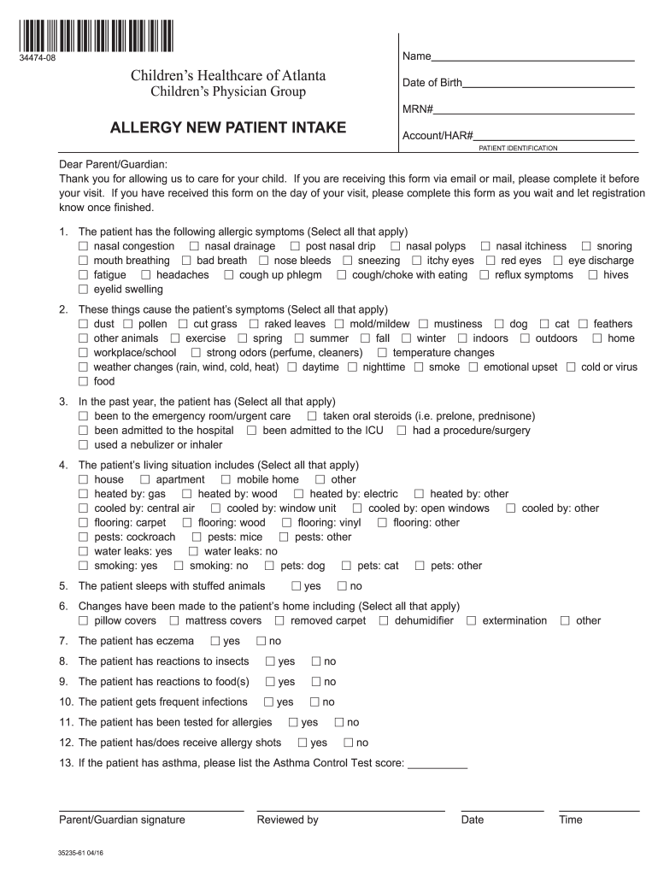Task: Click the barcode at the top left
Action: tap(94, 37)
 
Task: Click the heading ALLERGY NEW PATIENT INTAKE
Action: tap(228, 128)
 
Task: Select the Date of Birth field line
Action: tap(548, 86)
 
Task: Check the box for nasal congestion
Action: tap(84, 247)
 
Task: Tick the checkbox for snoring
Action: tap(586, 247)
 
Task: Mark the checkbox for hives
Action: tap(593, 275)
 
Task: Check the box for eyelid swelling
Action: tap(84, 290)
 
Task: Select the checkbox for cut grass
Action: tap(183, 325)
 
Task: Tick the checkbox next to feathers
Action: tap(583, 325)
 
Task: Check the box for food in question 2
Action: tap(84, 382)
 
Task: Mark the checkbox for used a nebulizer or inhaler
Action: tap(84, 445)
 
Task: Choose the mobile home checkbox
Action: tap(226, 480)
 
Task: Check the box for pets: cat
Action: tap(346, 566)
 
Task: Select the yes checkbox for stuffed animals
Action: tap(296, 586)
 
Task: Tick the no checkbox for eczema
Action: tap(261, 641)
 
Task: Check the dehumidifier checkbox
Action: tap(384, 621)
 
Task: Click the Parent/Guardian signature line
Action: tap(150, 808)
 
